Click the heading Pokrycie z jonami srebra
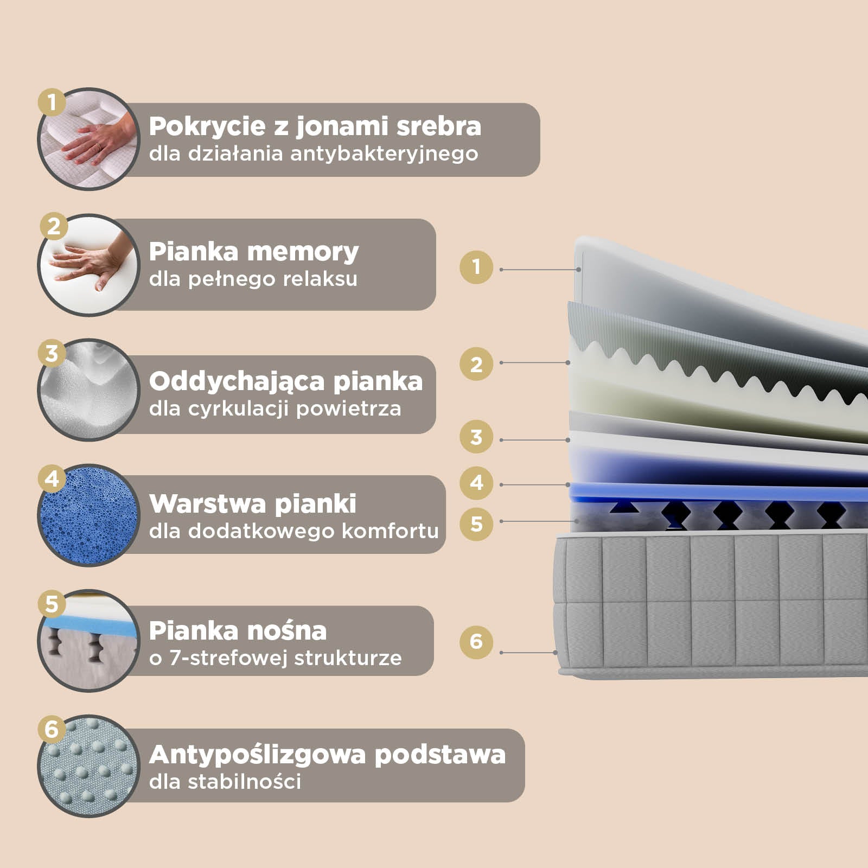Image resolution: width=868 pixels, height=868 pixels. [x=315, y=126]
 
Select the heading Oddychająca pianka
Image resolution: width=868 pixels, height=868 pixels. [x=286, y=381]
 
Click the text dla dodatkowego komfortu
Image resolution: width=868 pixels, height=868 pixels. [x=293, y=531]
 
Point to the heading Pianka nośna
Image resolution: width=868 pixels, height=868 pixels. [x=238, y=631]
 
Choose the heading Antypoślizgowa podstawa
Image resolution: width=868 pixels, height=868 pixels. [x=327, y=755]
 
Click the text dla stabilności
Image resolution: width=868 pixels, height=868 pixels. [x=225, y=782]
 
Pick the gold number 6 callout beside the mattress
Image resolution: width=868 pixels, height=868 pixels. [x=476, y=642]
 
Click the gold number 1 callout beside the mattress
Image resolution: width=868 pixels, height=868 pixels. [x=476, y=266]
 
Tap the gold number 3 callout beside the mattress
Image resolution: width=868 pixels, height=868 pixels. [x=476, y=437]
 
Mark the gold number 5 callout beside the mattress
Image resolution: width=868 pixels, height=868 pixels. [x=476, y=524]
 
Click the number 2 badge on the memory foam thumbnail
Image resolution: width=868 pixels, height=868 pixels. [x=53, y=226]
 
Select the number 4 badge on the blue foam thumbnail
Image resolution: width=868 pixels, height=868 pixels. [x=52, y=479]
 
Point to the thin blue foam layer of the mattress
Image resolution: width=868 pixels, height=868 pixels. [x=705, y=493]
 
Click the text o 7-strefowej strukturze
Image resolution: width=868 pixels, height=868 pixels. [x=275, y=658]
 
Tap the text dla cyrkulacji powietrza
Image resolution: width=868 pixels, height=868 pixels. [x=275, y=409]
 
